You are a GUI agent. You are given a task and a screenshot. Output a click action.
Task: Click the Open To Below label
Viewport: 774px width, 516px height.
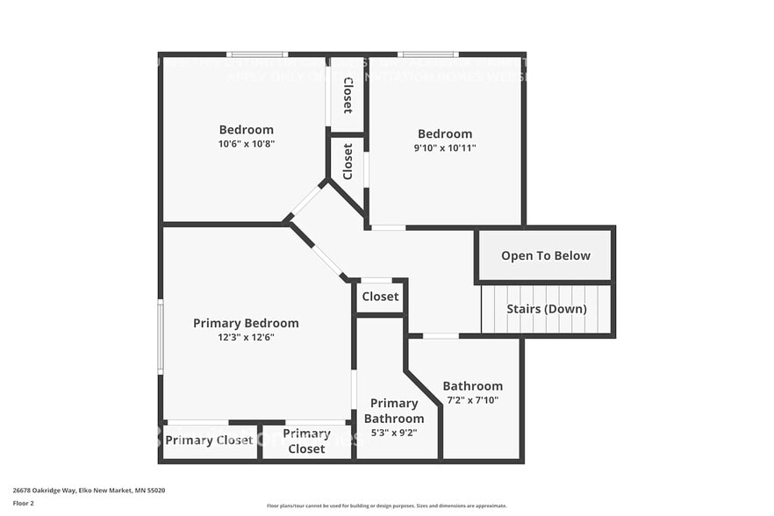pos(545,255)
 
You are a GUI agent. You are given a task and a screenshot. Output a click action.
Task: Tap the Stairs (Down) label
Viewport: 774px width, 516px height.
pos(546,309)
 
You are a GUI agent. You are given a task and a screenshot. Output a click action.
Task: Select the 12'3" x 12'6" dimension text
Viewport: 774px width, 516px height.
pos(246,337)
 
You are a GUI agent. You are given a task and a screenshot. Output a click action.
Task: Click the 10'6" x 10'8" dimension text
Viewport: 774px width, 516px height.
pos(246,143)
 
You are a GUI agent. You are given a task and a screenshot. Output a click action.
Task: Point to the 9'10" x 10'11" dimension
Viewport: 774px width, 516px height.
pos(445,147)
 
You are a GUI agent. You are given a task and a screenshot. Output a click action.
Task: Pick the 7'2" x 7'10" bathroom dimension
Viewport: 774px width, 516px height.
pos(472,400)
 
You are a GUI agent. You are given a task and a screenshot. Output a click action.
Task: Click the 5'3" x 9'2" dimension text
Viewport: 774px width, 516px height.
pos(394,433)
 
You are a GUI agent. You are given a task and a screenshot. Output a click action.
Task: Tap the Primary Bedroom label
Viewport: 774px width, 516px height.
pos(246,323)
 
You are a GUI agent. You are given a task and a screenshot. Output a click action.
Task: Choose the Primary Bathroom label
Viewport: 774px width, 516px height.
pos(394,411)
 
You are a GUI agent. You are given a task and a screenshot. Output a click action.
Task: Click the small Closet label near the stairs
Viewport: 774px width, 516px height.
pos(380,297)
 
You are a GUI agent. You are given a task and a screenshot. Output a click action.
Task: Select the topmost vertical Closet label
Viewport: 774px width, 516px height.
pos(348,95)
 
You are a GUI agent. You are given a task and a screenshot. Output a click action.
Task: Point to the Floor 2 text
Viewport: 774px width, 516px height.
pos(23,503)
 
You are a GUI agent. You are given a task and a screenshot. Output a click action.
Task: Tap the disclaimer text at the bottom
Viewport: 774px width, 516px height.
pos(386,505)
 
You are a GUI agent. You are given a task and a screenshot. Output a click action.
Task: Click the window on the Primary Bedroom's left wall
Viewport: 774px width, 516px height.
pos(160,337)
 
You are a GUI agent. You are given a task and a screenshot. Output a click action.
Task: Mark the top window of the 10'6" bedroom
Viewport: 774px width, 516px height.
pos(256,54)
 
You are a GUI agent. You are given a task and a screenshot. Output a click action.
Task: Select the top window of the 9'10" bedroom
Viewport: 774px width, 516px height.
pos(428,54)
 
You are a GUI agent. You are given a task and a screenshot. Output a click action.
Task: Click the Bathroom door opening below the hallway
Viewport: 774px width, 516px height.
pos(440,335)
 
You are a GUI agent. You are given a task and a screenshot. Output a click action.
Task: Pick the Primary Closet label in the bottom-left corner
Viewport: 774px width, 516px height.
pos(209,440)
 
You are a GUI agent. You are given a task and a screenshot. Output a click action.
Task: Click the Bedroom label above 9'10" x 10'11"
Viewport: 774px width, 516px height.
pos(445,133)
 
